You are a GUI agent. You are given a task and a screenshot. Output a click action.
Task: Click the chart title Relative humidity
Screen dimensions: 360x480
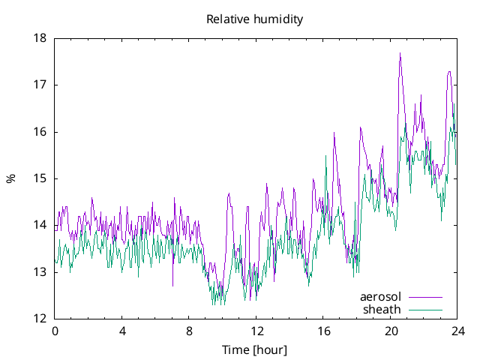pyautogui.click(x=255, y=19)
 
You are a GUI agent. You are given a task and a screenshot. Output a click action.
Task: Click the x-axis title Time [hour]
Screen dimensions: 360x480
pyautogui.click(x=255, y=349)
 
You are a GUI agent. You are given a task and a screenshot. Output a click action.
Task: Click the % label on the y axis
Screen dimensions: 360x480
pyautogui.click(x=10, y=178)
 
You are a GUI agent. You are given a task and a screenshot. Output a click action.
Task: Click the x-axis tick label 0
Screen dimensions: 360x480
pyautogui.click(x=55, y=331)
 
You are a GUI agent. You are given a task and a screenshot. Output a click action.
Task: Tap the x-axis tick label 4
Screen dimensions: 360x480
pyautogui.click(x=122, y=331)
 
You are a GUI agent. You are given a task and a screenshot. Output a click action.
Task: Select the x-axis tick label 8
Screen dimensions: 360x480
pyautogui.click(x=189, y=331)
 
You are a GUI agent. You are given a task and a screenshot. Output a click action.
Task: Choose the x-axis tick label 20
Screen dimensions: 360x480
pyautogui.click(x=391, y=331)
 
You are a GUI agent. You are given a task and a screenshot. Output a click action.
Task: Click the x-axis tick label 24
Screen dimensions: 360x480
pyautogui.click(x=458, y=331)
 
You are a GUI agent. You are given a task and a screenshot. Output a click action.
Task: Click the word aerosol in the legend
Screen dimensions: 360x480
pyautogui.click(x=380, y=297)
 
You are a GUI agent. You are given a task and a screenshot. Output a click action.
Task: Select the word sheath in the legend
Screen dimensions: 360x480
pyautogui.click(x=382, y=309)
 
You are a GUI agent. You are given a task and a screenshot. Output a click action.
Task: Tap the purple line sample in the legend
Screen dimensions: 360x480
pyautogui.click(x=424, y=297)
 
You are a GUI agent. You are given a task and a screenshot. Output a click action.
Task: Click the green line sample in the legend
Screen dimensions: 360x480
pyautogui.click(x=424, y=309)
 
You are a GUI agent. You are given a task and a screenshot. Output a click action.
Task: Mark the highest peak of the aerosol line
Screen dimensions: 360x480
pyautogui.click(x=400, y=53)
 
